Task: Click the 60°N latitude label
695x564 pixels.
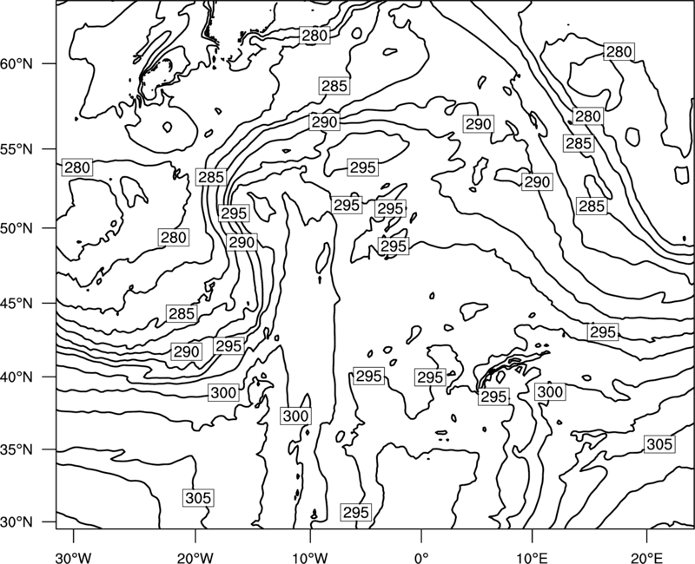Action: coord(17,64)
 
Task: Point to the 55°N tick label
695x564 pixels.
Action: coord(17,149)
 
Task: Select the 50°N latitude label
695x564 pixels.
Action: coord(17,228)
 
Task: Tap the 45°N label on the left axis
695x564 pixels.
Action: coord(17,303)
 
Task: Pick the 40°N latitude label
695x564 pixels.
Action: coord(17,377)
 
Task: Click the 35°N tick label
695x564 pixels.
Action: coord(17,449)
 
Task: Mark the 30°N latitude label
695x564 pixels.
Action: coord(17,522)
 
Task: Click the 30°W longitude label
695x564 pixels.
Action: coord(74,558)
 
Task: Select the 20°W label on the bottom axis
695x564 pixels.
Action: coord(195,558)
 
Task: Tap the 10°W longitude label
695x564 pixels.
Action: coord(309,558)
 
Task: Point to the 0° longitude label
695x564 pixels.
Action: coord(421,558)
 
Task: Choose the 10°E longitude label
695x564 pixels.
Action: coord(532,558)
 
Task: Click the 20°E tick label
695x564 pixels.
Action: coord(646,558)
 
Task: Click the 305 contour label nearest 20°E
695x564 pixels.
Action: coord(659,444)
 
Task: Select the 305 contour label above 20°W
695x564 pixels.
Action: coord(198,498)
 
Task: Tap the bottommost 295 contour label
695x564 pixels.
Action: coord(356,512)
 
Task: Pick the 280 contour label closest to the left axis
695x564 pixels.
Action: coord(77,167)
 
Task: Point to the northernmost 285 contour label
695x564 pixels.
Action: coord(334,86)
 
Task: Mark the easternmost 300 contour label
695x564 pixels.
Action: coord(550,392)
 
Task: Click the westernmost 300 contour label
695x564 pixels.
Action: coord(224,393)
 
